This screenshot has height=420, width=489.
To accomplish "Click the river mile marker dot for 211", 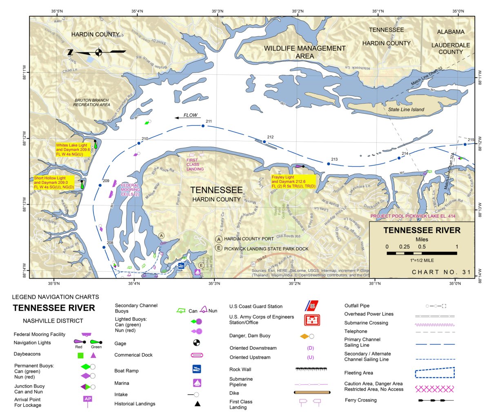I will pos(203,126).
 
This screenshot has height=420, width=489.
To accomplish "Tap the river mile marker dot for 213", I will pos(328,164).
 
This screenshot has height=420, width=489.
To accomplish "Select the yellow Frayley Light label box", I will pos(293,182).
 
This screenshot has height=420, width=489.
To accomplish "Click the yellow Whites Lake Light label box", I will pos(73,150).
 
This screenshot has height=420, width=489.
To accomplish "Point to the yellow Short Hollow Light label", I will pos(54,183).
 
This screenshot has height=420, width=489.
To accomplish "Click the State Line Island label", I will pos(406,109).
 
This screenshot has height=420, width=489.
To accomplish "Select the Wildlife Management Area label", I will pos(305,52).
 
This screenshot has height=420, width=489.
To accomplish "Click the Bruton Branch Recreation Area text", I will pos(91,103).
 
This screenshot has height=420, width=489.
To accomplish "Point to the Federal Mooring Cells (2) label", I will pos(130,190).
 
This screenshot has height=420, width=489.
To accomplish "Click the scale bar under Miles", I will pos(422,253).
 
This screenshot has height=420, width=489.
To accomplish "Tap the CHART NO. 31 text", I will pos(441,272).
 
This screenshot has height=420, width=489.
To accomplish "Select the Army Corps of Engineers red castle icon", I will pos(312,320).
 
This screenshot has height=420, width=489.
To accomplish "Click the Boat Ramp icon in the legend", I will pos(197,369).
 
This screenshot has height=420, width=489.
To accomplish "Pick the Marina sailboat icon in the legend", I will pos(197,383).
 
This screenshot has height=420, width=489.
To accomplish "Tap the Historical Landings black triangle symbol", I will pos(197,404).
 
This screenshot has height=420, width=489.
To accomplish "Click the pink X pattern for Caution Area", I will pos(434,388).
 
